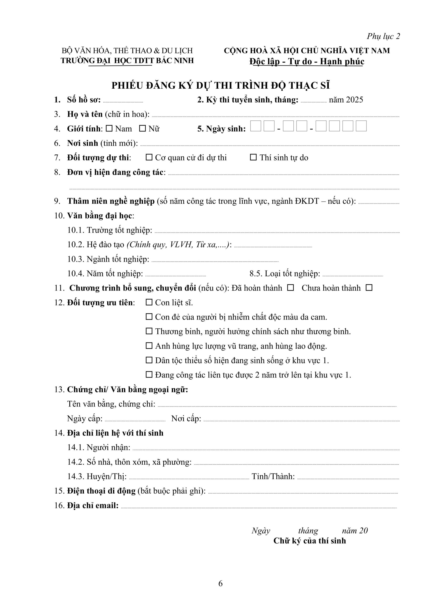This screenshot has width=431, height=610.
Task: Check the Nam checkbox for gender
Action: point(109,129)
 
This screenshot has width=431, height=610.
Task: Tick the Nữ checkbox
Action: point(143,129)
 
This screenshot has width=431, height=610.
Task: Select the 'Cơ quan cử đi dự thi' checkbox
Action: point(149,157)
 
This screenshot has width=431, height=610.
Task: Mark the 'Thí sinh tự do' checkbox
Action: point(253,157)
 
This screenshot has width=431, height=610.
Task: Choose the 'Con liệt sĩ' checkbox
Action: point(149,302)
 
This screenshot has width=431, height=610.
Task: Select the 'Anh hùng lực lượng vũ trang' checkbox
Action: point(149,346)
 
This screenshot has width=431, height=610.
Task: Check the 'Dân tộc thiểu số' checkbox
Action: point(149,360)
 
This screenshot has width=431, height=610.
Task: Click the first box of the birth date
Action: point(256,126)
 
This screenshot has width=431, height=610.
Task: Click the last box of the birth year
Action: point(361,126)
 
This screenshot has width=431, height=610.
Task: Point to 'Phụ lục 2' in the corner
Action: point(383,36)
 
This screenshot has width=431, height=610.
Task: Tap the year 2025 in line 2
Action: point(355,100)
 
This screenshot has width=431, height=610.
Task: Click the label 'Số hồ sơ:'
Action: point(84,100)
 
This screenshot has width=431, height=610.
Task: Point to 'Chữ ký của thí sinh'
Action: point(310,541)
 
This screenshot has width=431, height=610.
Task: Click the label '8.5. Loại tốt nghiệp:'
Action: point(285,273)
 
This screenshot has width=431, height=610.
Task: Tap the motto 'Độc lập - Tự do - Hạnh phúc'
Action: point(307,61)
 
